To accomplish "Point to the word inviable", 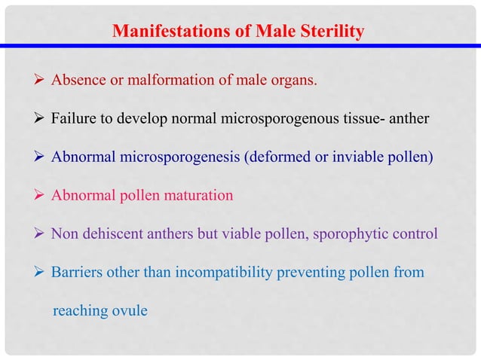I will coord(372,157).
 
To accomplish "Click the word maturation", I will coord(199,196).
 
